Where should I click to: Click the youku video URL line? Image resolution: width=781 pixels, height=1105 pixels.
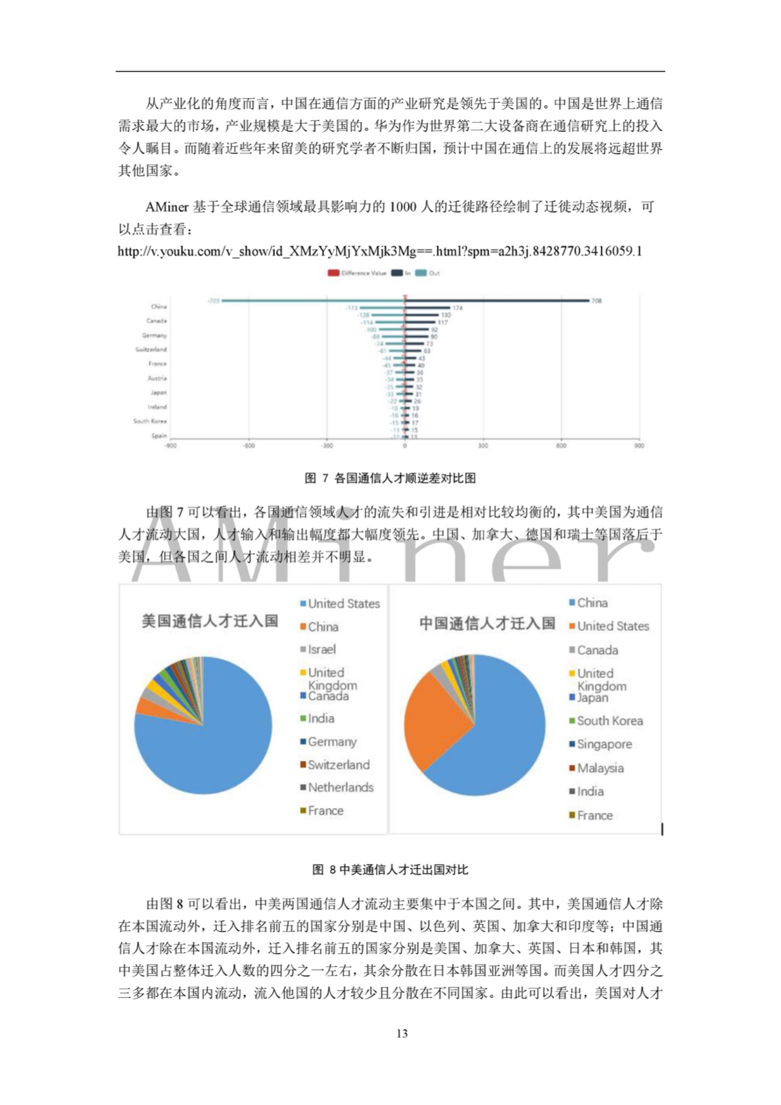(379, 251)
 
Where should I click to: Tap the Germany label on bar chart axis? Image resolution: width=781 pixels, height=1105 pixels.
(154, 335)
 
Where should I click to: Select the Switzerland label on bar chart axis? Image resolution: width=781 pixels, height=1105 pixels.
(151, 349)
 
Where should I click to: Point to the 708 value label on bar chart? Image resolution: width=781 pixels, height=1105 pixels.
(596, 300)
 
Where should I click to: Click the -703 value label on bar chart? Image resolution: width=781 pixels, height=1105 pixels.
(213, 300)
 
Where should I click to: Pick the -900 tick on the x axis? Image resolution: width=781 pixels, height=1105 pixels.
(170, 446)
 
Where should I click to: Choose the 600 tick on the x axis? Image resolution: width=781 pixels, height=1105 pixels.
(561, 446)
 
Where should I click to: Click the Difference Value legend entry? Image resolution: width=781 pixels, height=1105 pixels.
(357, 273)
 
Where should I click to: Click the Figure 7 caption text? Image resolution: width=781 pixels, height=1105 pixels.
(390, 478)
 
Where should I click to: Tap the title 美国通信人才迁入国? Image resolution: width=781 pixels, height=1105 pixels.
(209, 621)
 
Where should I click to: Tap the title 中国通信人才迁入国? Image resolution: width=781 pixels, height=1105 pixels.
(487, 624)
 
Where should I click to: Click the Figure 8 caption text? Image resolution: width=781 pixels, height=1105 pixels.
(390, 869)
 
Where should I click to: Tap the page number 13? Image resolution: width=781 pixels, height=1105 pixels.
(402, 1033)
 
